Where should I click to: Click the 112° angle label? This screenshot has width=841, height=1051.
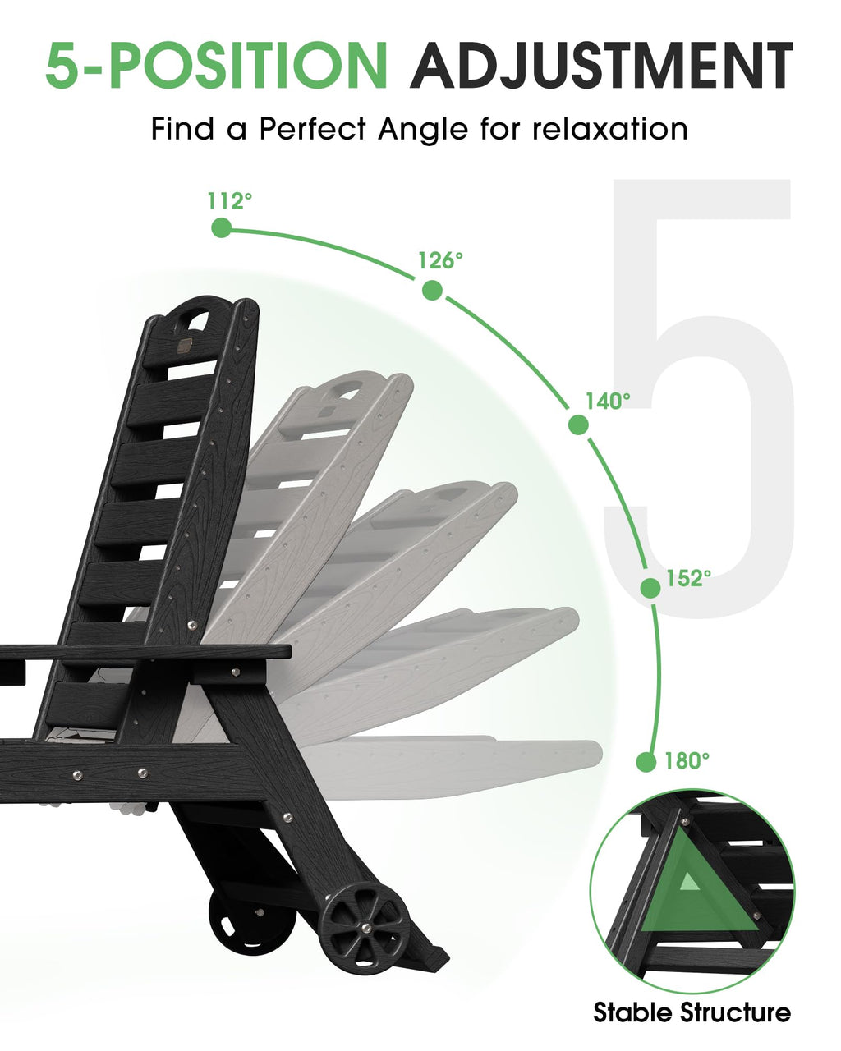point(230,200)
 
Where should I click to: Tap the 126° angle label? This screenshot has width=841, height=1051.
point(440,261)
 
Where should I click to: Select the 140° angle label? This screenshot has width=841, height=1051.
point(608,401)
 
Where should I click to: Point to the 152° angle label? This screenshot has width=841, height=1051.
point(688,578)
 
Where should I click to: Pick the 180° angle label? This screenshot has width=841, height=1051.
point(687,760)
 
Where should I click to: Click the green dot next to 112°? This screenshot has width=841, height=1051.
point(222,227)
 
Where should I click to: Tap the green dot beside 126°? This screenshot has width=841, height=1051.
point(432,291)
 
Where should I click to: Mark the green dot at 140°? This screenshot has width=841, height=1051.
point(578,425)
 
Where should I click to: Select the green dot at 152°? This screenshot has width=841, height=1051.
point(650,588)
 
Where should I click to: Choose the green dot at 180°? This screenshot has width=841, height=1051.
point(646,762)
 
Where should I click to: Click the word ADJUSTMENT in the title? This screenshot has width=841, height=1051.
point(601,66)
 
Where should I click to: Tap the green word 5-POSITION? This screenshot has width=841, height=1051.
point(217,66)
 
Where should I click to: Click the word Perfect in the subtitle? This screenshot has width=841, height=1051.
point(312,129)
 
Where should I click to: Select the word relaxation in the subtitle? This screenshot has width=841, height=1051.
point(610,129)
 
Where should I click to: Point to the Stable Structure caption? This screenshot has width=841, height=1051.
point(692,1012)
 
